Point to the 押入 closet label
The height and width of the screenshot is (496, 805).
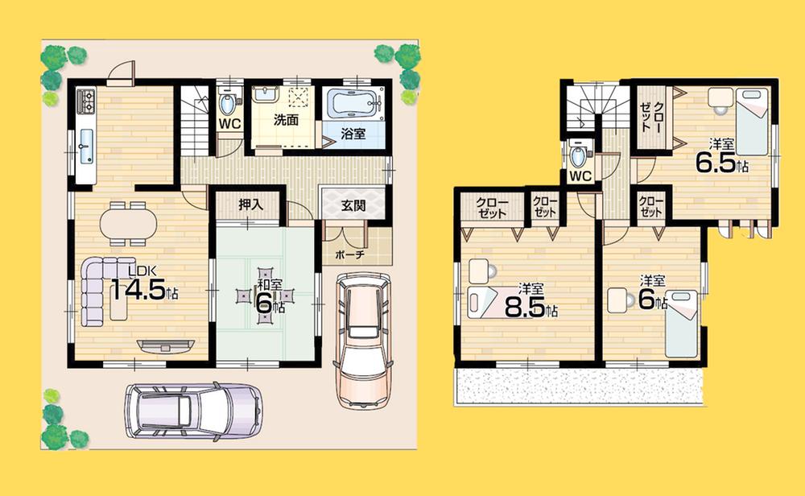tap(250, 206)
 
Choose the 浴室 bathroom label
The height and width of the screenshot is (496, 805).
tap(352, 134)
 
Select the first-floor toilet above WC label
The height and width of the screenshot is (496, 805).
tap(228, 103)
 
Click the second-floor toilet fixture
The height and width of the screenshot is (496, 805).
tap(577, 153)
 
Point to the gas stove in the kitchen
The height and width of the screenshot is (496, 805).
tap(87, 102)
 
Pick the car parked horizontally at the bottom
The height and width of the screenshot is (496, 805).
tap(193, 410)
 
